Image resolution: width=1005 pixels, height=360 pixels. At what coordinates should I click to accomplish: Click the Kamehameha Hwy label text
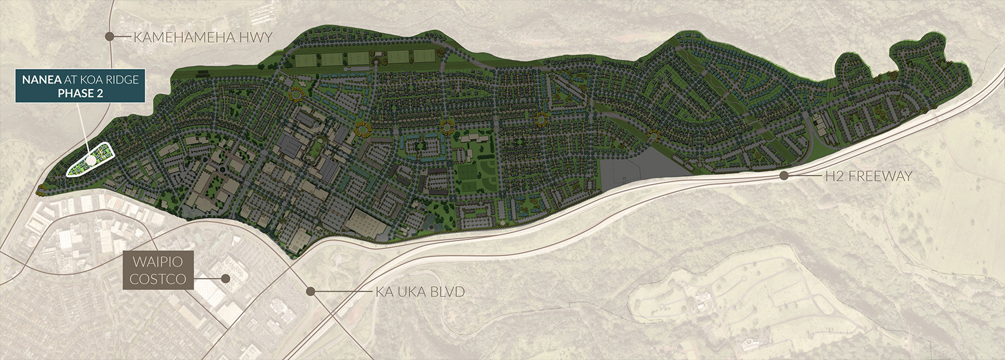[x=202, y=37]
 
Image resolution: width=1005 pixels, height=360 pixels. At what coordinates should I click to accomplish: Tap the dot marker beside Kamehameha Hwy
[x=109, y=37]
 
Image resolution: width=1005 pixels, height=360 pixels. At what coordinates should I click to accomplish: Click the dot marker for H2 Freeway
[x=784, y=175]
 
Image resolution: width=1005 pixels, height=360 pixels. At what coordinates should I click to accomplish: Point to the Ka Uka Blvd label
[x=420, y=292]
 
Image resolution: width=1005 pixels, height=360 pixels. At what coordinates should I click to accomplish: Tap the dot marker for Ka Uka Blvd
[x=310, y=291]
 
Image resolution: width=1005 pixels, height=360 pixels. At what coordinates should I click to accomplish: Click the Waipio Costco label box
[x=158, y=271]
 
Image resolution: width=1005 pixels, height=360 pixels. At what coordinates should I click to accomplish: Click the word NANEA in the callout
[x=41, y=80]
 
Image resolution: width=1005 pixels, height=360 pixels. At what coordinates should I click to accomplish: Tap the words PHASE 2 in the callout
[x=80, y=93]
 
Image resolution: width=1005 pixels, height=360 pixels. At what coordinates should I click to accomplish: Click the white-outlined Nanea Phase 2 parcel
[x=89, y=161]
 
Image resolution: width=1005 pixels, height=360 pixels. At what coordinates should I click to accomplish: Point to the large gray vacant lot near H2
[x=640, y=168]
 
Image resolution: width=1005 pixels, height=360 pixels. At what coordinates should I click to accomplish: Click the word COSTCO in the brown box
[x=158, y=279]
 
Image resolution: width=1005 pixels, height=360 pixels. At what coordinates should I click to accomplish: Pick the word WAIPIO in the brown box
[x=158, y=262]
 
